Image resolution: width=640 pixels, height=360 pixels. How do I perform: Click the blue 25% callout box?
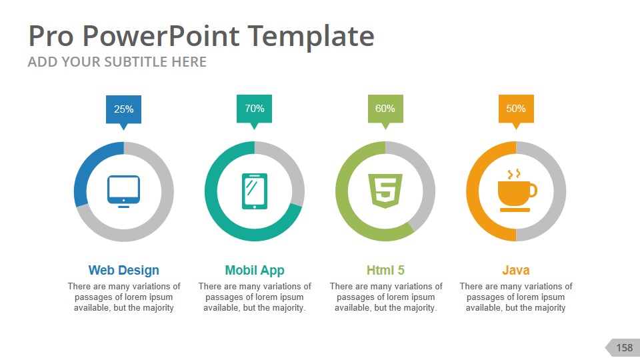[x=123, y=109]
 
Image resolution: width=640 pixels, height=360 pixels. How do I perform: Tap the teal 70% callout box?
[x=254, y=109]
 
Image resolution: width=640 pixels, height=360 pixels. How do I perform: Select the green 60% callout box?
[x=385, y=109]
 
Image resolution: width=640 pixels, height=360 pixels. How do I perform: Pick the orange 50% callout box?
[x=516, y=109]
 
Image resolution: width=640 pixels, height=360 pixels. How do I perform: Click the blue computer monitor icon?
[x=124, y=191]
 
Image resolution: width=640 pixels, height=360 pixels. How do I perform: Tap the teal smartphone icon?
[x=254, y=191]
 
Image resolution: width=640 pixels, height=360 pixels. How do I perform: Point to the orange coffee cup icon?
[x=516, y=191]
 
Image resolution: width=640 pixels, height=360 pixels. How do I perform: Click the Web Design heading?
[x=124, y=270]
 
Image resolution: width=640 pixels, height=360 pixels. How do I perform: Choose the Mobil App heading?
[x=255, y=270]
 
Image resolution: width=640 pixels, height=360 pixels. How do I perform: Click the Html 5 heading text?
[x=385, y=270]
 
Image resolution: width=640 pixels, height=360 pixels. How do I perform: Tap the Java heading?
[x=516, y=270]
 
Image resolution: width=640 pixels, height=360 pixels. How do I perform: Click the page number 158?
[x=624, y=347]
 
